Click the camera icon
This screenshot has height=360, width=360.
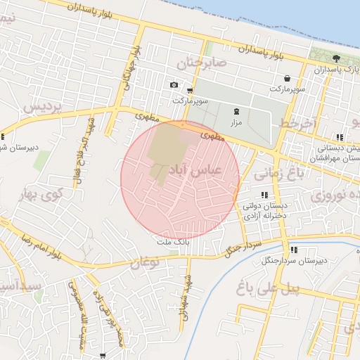click(x=174, y=85)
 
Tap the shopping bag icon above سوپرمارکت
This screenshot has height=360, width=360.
click(x=287, y=79)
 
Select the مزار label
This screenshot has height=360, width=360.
click(x=236, y=122)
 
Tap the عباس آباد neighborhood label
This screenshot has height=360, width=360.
click(x=195, y=170)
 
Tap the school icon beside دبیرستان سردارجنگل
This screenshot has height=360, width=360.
click(x=293, y=250)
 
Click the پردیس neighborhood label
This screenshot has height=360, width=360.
click(x=43, y=107)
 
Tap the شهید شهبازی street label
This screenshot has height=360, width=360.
click(x=186, y=299)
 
